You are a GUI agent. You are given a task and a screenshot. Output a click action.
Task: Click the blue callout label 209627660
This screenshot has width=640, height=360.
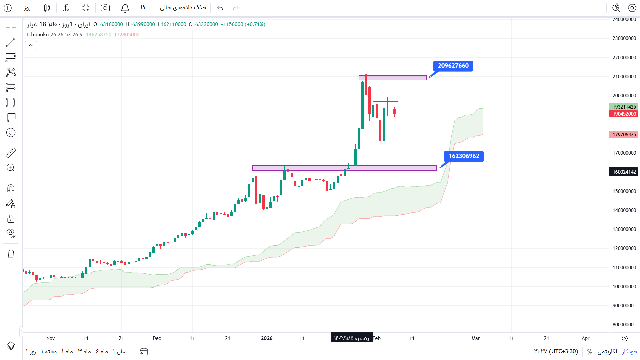click(453, 66)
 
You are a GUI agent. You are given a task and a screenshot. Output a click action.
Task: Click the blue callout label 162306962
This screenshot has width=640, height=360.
click(464, 156)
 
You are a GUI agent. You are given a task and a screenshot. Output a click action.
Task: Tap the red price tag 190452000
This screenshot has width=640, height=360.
click(624, 114)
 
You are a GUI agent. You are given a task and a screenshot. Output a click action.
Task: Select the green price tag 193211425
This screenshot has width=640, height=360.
click(624, 107)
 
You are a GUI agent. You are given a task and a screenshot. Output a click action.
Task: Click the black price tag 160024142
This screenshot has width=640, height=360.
click(624, 172)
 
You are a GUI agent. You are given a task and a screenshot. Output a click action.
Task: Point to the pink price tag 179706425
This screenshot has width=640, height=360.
click(624, 135)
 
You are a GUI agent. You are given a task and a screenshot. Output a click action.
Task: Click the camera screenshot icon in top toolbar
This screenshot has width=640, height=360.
click(105, 8)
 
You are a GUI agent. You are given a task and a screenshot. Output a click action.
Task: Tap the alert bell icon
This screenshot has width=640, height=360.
click(125, 8)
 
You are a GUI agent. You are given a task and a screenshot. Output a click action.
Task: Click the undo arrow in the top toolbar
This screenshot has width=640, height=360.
click(220, 8)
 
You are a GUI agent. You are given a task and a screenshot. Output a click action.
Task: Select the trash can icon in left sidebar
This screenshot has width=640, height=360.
click(11, 254)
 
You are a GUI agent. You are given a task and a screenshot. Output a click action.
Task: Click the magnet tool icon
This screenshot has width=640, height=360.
click(11, 189)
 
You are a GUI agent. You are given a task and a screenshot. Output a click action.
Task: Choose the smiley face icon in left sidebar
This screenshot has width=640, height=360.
click(11, 133)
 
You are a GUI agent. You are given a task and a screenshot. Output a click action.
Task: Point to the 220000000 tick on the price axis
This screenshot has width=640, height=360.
click(624, 58)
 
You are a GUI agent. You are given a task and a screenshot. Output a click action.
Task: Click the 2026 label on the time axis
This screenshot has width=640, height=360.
click(267, 338)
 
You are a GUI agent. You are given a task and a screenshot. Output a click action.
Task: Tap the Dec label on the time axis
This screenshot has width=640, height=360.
click(157, 338)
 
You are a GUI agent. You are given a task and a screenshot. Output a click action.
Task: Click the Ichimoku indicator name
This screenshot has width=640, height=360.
click(38, 35)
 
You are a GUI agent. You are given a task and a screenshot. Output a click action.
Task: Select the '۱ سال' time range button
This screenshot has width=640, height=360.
click(120, 352)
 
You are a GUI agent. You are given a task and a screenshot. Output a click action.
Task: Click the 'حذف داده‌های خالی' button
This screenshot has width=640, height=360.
click(183, 8)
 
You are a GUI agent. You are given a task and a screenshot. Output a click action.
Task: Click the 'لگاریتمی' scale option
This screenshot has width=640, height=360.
click(607, 352)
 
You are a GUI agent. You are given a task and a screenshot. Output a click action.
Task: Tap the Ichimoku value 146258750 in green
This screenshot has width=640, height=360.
click(99, 35)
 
